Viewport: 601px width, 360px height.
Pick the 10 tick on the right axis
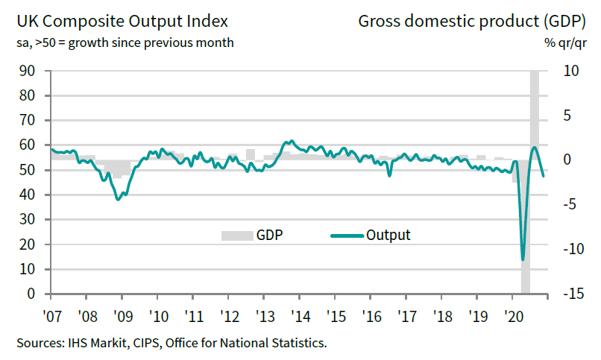(570, 71)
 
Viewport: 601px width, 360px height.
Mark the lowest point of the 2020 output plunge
(523, 259)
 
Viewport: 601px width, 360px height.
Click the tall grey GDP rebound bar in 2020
(535, 112)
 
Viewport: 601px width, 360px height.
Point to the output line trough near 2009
(118, 199)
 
